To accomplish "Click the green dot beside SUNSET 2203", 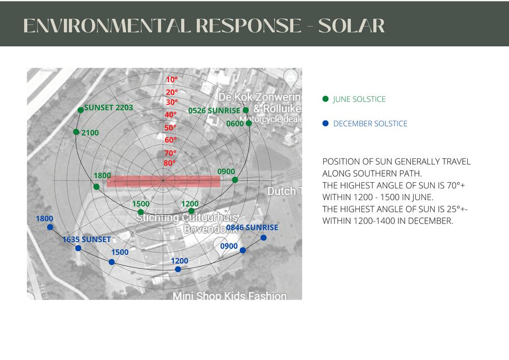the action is click(80, 110).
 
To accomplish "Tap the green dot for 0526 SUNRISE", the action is click(245, 110).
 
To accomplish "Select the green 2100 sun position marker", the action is click(76, 132).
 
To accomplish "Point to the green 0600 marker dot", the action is click(248, 123).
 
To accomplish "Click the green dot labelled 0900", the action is click(235, 180).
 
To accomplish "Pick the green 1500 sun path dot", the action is click(141, 212).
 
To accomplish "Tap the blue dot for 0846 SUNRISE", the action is click(263, 238).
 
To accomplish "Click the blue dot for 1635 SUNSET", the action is click(78, 248).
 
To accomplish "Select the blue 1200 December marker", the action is click(178, 269).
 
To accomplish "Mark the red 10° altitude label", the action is click(172, 79).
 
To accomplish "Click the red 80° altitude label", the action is click(169, 163).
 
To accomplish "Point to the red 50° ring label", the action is click(170, 128).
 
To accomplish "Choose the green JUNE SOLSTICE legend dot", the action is click(326, 99).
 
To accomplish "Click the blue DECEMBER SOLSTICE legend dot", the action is click(326, 123).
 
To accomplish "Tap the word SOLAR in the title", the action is click(351, 25).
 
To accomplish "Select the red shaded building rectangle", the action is click(163, 181).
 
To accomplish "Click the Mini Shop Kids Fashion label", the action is click(230, 295).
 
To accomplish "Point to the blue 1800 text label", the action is click(44, 218).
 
